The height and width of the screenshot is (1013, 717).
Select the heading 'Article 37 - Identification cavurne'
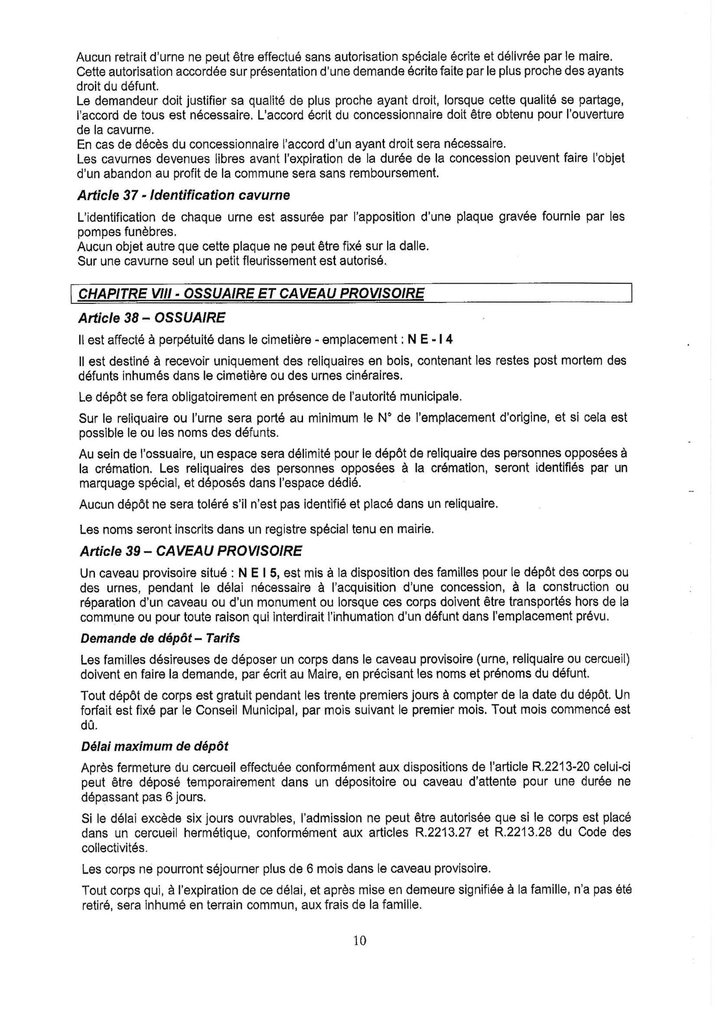point(183,195)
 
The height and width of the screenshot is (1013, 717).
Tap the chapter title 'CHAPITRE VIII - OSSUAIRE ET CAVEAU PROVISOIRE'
point(251,293)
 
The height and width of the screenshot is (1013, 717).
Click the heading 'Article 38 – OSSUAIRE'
point(151,318)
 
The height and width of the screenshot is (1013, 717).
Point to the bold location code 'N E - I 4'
point(430,339)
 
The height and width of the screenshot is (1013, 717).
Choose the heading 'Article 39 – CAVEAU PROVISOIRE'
point(190,551)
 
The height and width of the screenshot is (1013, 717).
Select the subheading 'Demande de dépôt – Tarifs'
point(160,638)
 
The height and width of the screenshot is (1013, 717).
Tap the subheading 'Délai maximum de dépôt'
point(155,746)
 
